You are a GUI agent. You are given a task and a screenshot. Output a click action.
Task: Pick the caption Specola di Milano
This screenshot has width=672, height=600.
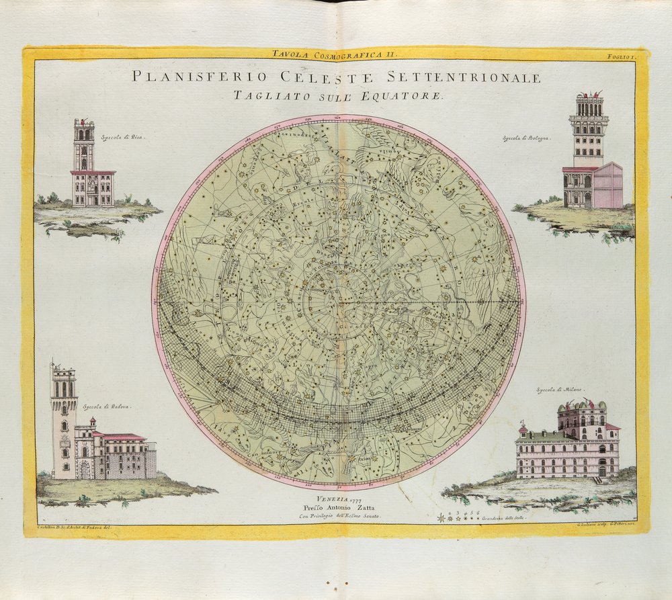coord(559,390)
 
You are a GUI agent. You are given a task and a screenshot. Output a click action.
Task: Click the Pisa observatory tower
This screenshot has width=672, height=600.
coord(84,148)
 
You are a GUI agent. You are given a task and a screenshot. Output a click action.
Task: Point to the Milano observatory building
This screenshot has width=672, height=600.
coord(568,447)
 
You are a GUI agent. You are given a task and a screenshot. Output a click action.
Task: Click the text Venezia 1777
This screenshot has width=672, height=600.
coord(340,498)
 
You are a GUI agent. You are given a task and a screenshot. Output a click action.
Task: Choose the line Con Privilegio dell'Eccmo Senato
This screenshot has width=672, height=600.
coord(340,516)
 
